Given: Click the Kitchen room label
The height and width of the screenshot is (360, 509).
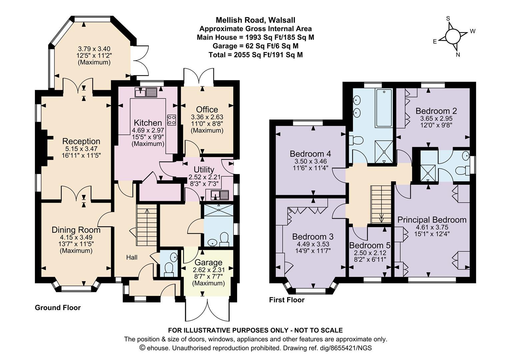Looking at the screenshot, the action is tap(148, 123).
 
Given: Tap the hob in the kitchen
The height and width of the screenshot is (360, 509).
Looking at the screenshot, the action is tap(171, 120).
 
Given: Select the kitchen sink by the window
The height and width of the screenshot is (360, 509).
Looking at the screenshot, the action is tap(146, 92).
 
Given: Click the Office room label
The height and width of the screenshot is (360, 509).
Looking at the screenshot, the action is tap(207, 110).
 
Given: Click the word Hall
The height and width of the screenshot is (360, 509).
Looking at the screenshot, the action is tap(132, 257).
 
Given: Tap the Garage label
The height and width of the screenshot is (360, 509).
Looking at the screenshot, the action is tap(209, 262).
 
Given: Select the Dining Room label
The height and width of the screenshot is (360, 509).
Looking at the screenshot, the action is tap(76, 230).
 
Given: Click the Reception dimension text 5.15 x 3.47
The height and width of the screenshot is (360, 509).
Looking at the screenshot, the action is tap(81, 149).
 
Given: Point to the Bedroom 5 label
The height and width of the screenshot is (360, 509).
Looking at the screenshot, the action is tap(370, 245).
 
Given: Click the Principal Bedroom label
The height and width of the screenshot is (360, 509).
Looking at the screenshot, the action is tap(432, 220).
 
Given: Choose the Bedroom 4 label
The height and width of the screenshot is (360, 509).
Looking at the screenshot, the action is tap(310, 154).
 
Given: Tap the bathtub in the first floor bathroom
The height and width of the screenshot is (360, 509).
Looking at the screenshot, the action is tap(384, 108).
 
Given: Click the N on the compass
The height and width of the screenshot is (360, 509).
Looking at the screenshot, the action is tap(458, 55).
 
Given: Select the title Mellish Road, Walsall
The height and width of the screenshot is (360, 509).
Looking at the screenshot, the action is tap(255, 20).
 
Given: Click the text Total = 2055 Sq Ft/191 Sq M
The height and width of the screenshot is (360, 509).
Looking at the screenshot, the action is tap(255, 55).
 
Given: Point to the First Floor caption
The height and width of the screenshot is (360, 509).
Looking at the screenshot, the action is tap(287, 300).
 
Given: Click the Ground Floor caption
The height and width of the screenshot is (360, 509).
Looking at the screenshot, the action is tap(58, 308).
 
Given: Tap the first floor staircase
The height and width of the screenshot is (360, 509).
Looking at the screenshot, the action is tap(381, 204).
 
